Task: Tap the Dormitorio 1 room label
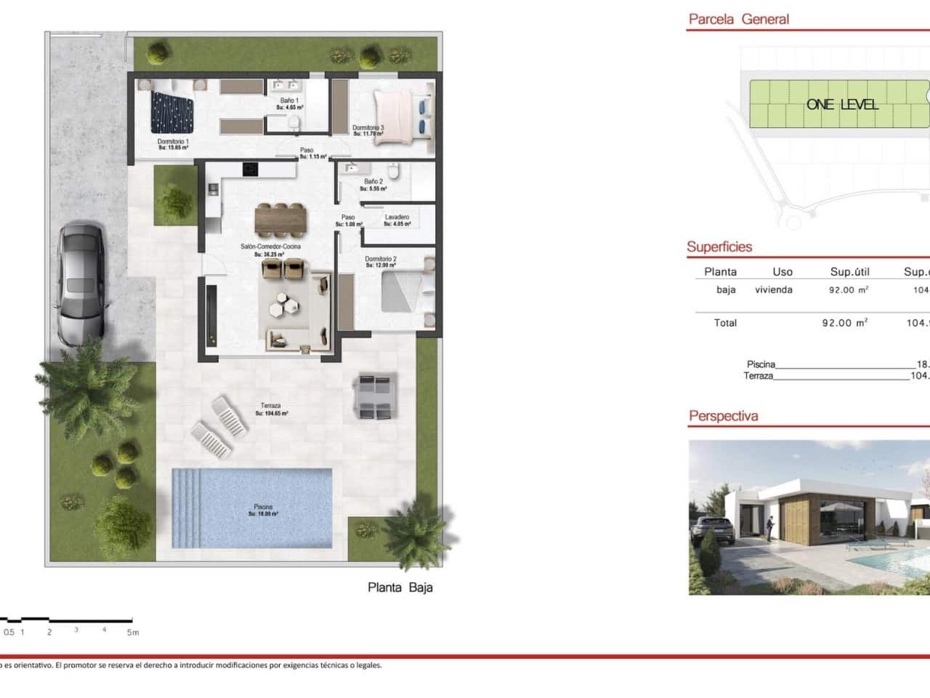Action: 173,141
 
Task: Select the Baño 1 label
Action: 289,100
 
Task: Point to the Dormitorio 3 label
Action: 368,128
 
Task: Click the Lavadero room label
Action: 397,217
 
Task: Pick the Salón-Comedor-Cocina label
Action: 270,247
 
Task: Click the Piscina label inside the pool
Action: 263,506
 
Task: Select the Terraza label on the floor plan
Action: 270,406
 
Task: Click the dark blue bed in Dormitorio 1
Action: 173,113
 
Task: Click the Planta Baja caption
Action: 400,587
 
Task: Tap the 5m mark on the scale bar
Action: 132,633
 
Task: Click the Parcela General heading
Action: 738,20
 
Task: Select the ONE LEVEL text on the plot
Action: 842,105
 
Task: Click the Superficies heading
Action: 719,247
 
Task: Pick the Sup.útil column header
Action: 849,272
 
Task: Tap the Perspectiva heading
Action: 723,417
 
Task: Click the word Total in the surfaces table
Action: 725,323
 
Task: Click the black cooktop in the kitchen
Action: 251,169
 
